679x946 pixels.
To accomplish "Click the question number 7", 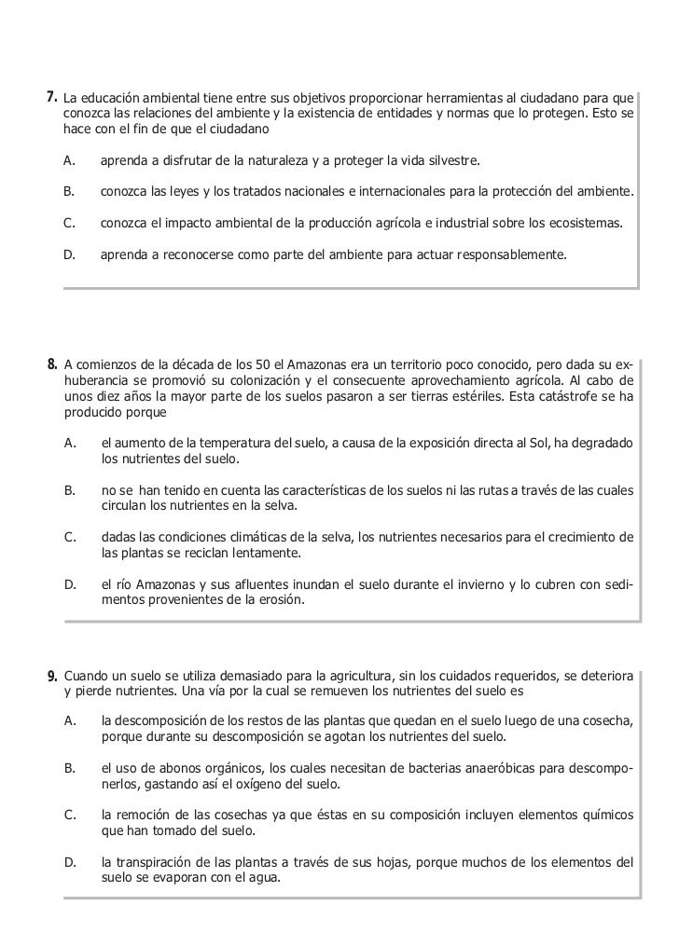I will coord(52,97).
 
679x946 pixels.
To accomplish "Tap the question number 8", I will coord(52,363).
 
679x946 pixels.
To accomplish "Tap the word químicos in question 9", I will coord(607,816).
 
